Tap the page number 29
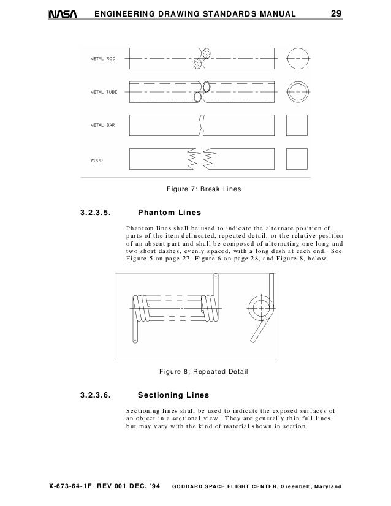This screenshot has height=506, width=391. click(x=336, y=13)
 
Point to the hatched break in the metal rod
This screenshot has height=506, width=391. click(x=202, y=59)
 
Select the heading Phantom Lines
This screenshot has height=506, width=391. click(x=170, y=214)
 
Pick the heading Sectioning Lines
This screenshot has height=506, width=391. click(x=174, y=395)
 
